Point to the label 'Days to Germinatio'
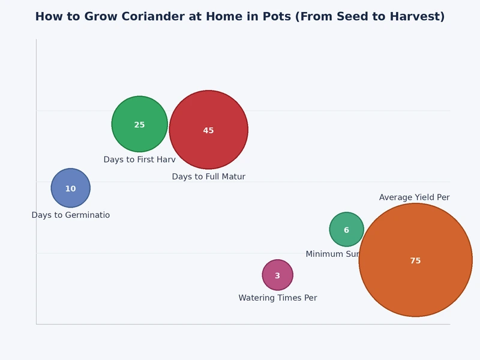pyautogui.click(x=70, y=215)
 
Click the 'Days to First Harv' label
pyautogui.click(x=139, y=160)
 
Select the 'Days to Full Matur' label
pyautogui.click(x=208, y=177)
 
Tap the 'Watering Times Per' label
pyautogui.click(x=277, y=298)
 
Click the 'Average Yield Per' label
pyautogui.click(x=414, y=198)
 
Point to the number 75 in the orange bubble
pyautogui.click(x=415, y=261)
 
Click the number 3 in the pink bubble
pyautogui.click(x=277, y=276)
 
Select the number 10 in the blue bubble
pyautogui.click(x=70, y=189)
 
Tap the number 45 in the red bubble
pyautogui.click(x=208, y=131)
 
